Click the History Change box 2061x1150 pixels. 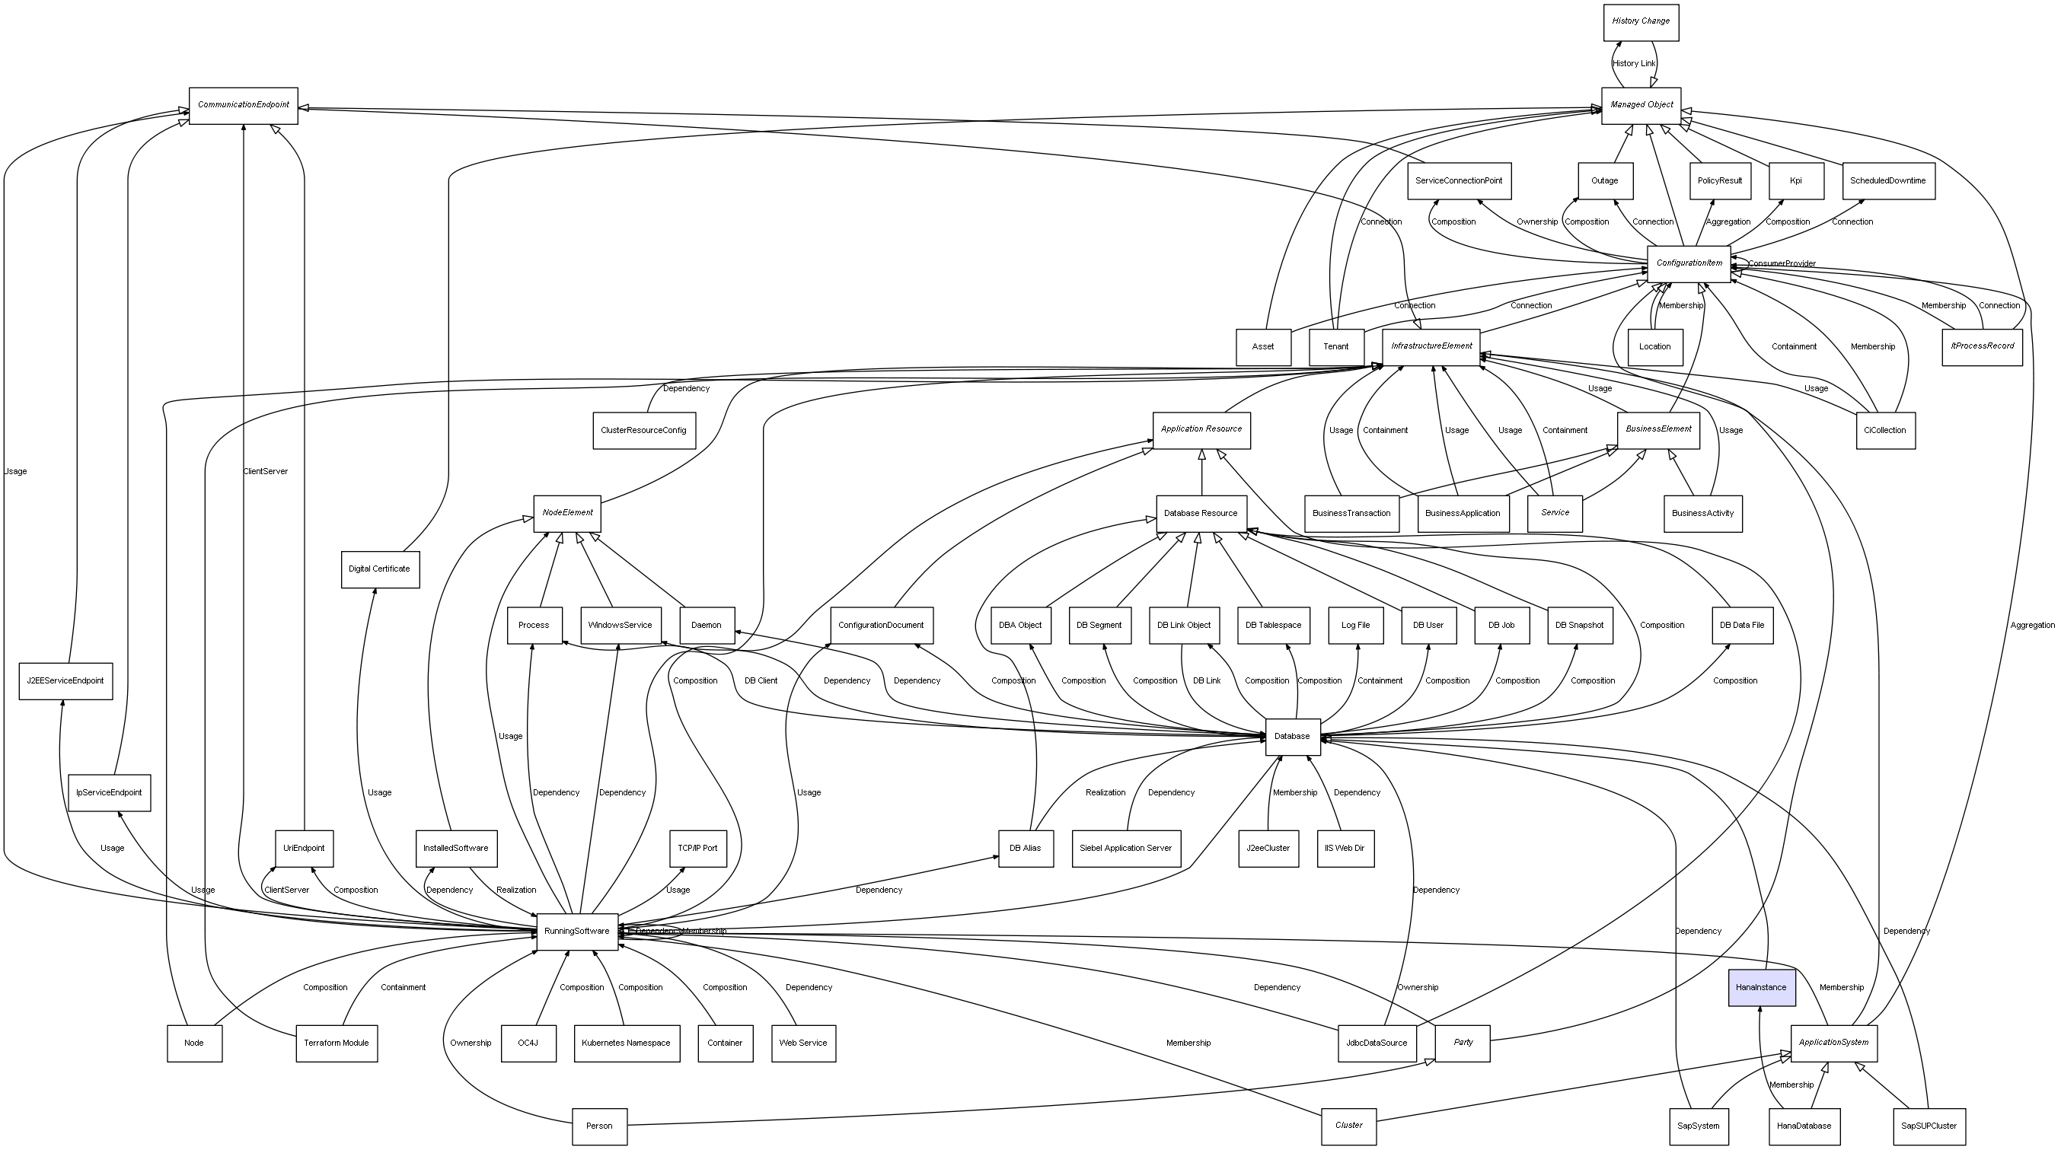(1640, 21)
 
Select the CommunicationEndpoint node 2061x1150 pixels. (243, 106)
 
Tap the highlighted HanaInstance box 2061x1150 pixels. (1761, 988)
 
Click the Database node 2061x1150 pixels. (1292, 737)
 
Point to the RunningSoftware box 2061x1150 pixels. (577, 932)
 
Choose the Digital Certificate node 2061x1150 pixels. (380, 569)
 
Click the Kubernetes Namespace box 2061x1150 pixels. (627, 1043)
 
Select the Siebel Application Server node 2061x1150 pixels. (1126, 849)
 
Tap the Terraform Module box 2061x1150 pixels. (336, 1043)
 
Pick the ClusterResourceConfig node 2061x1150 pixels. (643, 431)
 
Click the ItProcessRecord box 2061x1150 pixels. (1982, 347)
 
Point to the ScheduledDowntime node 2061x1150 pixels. (1887, 182)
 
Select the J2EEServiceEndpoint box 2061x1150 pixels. (65, 681)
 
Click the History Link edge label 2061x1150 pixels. (1634, 64)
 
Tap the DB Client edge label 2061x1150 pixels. (761, 681)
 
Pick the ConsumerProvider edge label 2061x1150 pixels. (1782, 264)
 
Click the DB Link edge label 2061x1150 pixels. (1207, 681)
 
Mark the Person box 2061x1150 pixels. (599, 1127)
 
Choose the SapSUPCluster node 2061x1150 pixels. (1929, 1127)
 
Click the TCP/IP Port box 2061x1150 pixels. (697, 849)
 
